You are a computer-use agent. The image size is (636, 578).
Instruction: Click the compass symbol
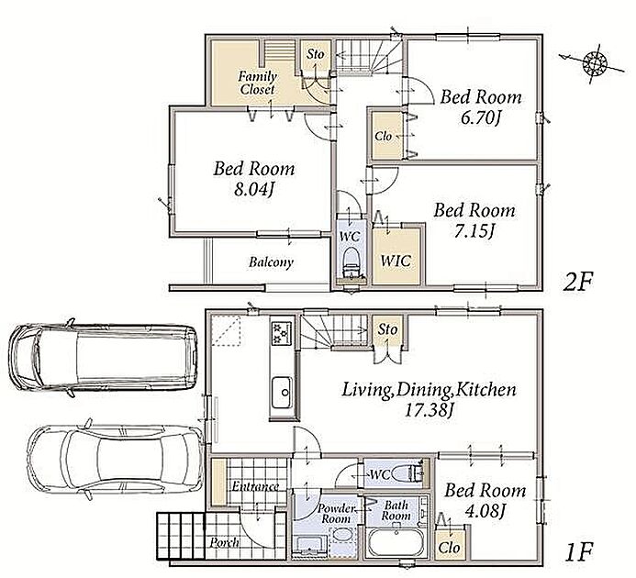click(594, 63)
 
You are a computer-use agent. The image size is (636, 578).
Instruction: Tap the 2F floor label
click(577, 282)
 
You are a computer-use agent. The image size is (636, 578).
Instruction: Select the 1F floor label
click(577, 550)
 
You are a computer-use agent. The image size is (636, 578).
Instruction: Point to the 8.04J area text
click(254, 189)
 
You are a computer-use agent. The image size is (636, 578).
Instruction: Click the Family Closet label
click(258, 83)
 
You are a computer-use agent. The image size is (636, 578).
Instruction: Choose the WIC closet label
click(396, 261)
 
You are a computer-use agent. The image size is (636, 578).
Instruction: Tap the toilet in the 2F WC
click(351, 262)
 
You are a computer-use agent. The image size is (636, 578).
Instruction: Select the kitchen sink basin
click(282, 393)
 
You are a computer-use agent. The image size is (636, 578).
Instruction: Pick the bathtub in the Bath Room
click(396, 543)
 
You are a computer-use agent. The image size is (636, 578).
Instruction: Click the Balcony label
click(271, 262)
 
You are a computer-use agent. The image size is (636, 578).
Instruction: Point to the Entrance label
click(255, 486)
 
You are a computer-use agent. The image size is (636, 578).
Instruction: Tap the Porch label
click(224, 543)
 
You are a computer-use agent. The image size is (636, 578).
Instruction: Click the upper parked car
click(104, 357)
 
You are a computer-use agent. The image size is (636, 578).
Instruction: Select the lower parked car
click(116, 459)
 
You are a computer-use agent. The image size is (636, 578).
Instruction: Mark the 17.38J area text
click(430, 410)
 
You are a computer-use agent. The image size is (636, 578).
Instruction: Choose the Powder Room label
click(336, 514)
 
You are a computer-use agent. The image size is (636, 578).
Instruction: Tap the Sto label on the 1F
click(387, 329)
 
